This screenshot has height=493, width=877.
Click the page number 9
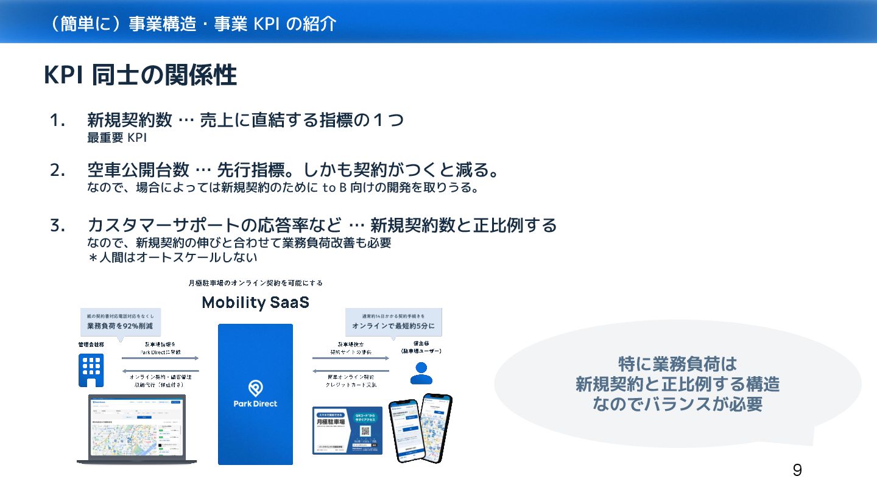(x=797, y=470)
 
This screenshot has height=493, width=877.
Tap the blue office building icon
(x=91, y=370)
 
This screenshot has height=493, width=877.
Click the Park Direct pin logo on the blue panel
(x=255, y=388)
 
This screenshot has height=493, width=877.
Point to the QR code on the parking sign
(x=365, y=431)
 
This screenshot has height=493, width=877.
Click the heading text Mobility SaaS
(x=255, y=302)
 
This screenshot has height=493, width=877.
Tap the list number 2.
(x=57, y=171)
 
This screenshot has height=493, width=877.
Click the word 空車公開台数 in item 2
(x=138, y=171)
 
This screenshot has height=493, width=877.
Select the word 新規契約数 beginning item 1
(x=129, y=121)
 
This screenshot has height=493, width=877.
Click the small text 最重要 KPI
(x=117, y=138)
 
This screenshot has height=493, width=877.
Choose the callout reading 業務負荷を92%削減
(x=120, y=326)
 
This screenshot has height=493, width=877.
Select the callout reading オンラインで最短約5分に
(x=393, y=326)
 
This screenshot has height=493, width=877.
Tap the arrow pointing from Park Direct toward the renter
(x=351, y=358)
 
